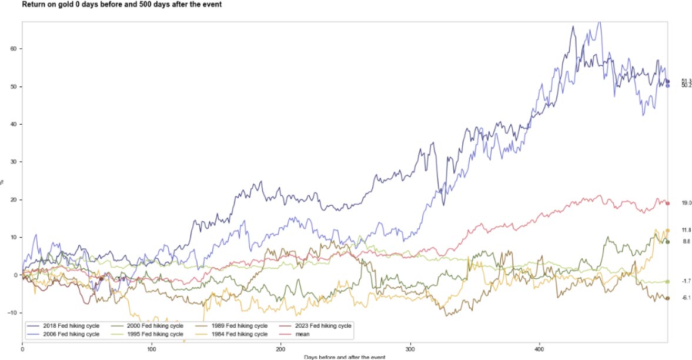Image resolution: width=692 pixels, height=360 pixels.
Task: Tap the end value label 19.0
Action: coord(686,203)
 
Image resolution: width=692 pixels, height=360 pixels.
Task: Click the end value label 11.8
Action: coord(686,230)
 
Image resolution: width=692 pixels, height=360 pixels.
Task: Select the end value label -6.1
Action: coord(686,298)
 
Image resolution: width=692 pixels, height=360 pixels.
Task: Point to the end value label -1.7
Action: coord(686,282)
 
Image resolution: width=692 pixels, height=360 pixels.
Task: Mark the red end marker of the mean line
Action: coord(667,204)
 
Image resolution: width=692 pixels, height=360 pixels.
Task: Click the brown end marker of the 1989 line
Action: coord(667,298)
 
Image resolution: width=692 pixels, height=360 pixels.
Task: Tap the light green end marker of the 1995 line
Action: coord(667,282)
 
